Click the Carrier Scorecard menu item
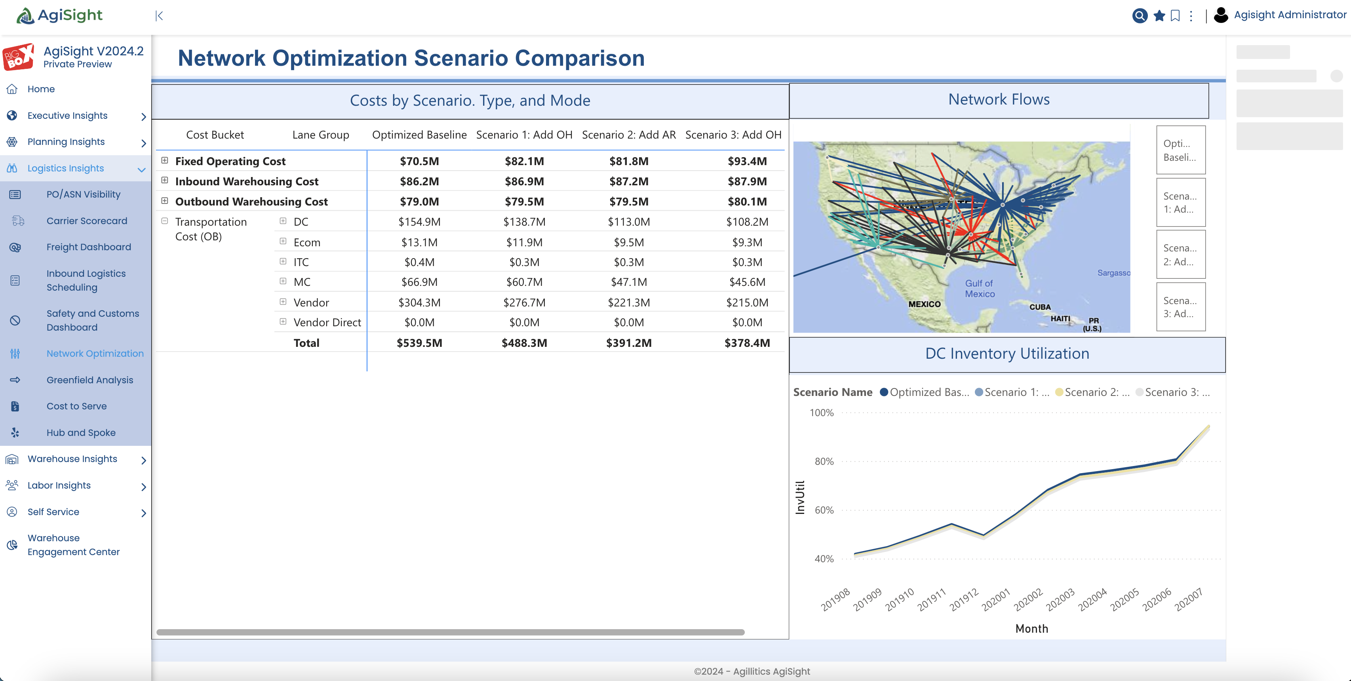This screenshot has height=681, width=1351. [87, 221]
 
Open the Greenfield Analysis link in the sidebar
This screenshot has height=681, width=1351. [89, 380]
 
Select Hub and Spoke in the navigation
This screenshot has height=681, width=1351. [81, 432]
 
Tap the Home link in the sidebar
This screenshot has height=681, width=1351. [41, 89]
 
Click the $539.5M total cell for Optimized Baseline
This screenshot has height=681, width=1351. [419, 343]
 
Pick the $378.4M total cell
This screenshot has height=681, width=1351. [747, 343]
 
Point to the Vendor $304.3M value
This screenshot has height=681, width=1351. [419, 302]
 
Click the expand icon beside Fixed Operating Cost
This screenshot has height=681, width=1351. [165, 160]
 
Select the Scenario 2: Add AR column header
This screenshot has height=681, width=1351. [629, 135]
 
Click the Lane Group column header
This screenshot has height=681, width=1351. [320, 135]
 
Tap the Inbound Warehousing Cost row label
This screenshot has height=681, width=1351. [247, 181]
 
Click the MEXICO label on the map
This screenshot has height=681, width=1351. [924, 304]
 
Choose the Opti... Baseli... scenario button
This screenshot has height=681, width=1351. [1181, 150]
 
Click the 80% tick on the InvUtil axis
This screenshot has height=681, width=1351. [824, 461]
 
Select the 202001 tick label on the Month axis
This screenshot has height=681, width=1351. [995, 600]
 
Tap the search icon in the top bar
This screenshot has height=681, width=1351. [1139, 16]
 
